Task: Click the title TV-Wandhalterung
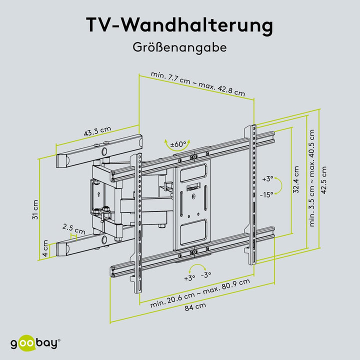click(x=180, y=25)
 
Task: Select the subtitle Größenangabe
click(x=180, y=48)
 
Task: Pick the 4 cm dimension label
click(x=45, y=246)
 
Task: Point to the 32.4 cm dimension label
click(x=296, y=179)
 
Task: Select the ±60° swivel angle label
click(x=178, y=144)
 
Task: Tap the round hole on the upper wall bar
click(x=103, y=150)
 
